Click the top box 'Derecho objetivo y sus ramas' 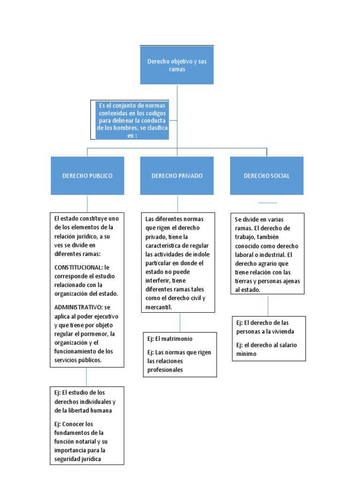(x=177, y=65)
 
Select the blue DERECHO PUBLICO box (x=87, y=176)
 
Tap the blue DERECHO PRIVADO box (x=177, y=176)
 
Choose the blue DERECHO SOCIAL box (x=266, y=176)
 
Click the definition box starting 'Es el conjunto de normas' (x=133, y=120)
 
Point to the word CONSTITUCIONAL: (x=78, y=267)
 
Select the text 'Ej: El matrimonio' (x=170, y=338)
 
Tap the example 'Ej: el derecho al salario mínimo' (x=266, y=349)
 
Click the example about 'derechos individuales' (x=85, y=401)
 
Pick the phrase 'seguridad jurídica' (x=77, y=459)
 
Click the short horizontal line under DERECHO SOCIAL (x=268, y=203)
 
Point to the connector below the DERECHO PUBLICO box (x=87, y=203)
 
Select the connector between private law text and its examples (x=180, y=322)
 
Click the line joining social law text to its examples (x=268, y=305)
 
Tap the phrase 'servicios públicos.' (x=78, y=360)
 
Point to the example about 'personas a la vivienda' (x=265, y=327)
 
